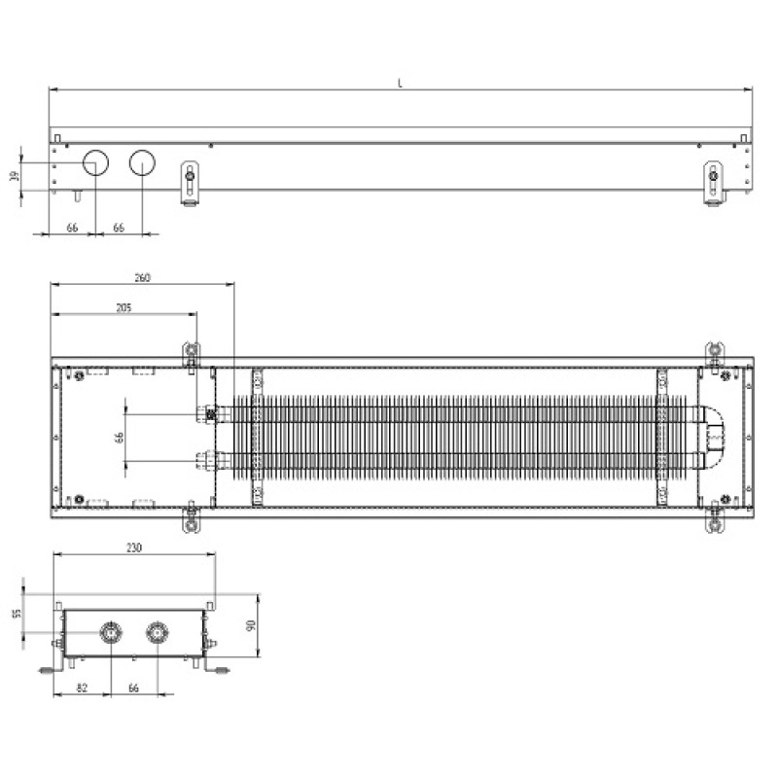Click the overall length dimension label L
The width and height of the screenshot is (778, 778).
click(400, 83)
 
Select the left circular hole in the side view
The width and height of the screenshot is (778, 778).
click(95, 163)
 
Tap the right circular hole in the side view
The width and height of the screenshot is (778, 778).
click(143, 163)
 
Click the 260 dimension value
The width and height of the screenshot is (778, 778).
click(142, 278)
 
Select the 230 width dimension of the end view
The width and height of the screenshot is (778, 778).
click(134, 548)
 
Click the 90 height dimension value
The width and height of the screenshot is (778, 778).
click(250, 626)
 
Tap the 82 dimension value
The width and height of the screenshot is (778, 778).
click(82, 688)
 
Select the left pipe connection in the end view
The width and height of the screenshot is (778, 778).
click(111, 633)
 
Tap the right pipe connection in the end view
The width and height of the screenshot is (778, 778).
click(156, 633)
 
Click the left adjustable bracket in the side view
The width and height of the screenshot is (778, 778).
click(190, 182)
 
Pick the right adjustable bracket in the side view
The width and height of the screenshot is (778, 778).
click(714, 182)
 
